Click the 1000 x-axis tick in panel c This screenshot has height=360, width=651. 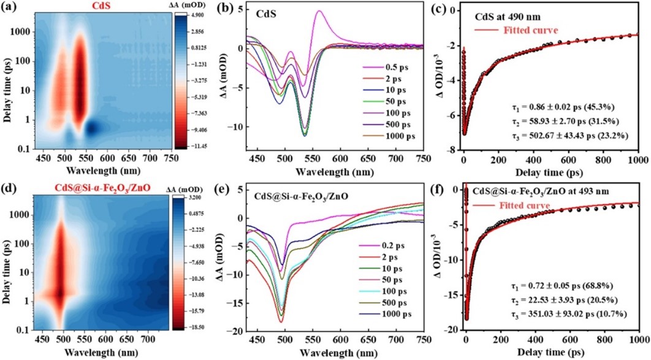638,160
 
